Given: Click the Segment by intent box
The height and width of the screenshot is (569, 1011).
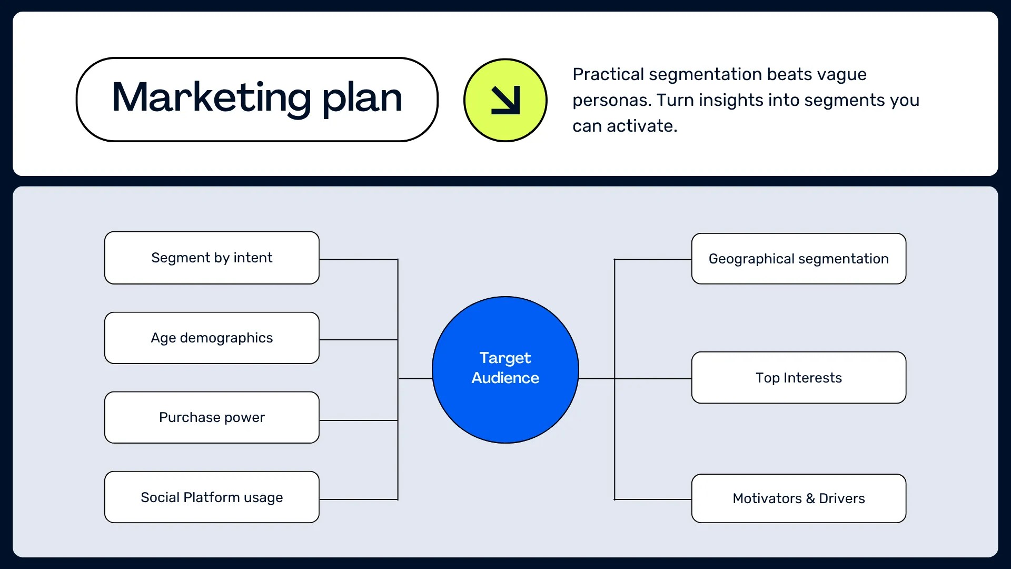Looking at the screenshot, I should coord(212,258).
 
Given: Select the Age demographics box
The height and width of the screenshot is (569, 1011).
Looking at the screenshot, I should coord(212,338).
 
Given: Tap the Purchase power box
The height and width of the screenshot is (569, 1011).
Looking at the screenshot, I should coord(212,417).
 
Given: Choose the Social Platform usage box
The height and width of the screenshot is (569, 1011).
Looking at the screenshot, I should coord(212,497).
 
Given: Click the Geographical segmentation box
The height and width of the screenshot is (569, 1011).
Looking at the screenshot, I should coord(798,259).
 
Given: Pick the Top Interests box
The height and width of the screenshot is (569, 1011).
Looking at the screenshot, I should coord(798,378).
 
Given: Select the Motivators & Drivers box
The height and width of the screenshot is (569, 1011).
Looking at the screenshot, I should coord(798,498).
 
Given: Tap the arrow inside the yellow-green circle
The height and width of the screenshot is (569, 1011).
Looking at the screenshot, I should coord(505,100).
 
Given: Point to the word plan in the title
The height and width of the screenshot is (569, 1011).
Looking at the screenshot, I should coord(362,99).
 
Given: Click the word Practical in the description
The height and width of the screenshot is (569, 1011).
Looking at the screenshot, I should coord(608,74).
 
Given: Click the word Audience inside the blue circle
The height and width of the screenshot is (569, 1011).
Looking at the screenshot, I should coord(505,378).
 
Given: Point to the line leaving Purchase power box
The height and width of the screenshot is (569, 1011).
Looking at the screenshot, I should coord(358,420).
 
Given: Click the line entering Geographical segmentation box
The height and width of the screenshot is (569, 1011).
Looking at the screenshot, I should coord(653,260).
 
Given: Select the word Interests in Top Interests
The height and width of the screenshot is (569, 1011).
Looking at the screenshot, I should coord(812,378).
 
